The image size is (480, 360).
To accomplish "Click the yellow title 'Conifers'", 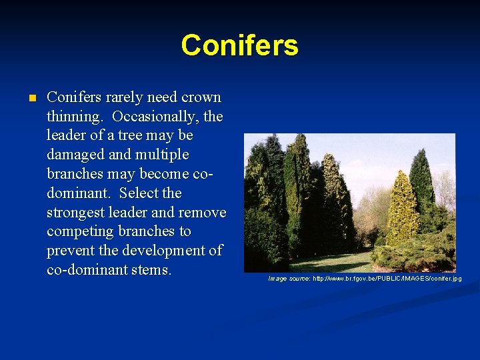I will coord(239,45).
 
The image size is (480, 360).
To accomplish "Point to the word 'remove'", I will coord(203,213).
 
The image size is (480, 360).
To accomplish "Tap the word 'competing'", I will coord(79,232).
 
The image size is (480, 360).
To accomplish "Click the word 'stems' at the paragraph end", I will coord(151,270).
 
